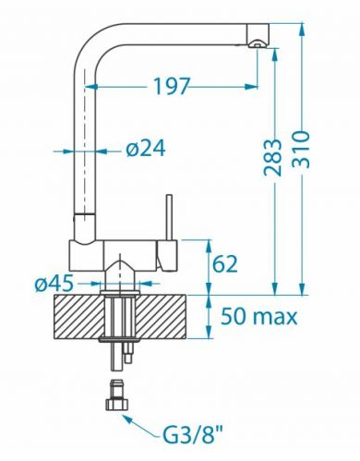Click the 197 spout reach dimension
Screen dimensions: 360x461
coord(171,86)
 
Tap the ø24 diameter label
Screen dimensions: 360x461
coord(146,149)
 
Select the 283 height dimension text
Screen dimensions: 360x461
coord(272,157)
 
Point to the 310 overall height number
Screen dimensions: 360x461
coord(300,150)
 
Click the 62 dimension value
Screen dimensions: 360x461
coord(225,264)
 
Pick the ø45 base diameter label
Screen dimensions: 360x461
coord(54,283)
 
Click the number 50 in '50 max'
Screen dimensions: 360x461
coord(234,316)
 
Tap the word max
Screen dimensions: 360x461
coord(274,318)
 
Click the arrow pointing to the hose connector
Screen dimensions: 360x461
coord(140,423)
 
